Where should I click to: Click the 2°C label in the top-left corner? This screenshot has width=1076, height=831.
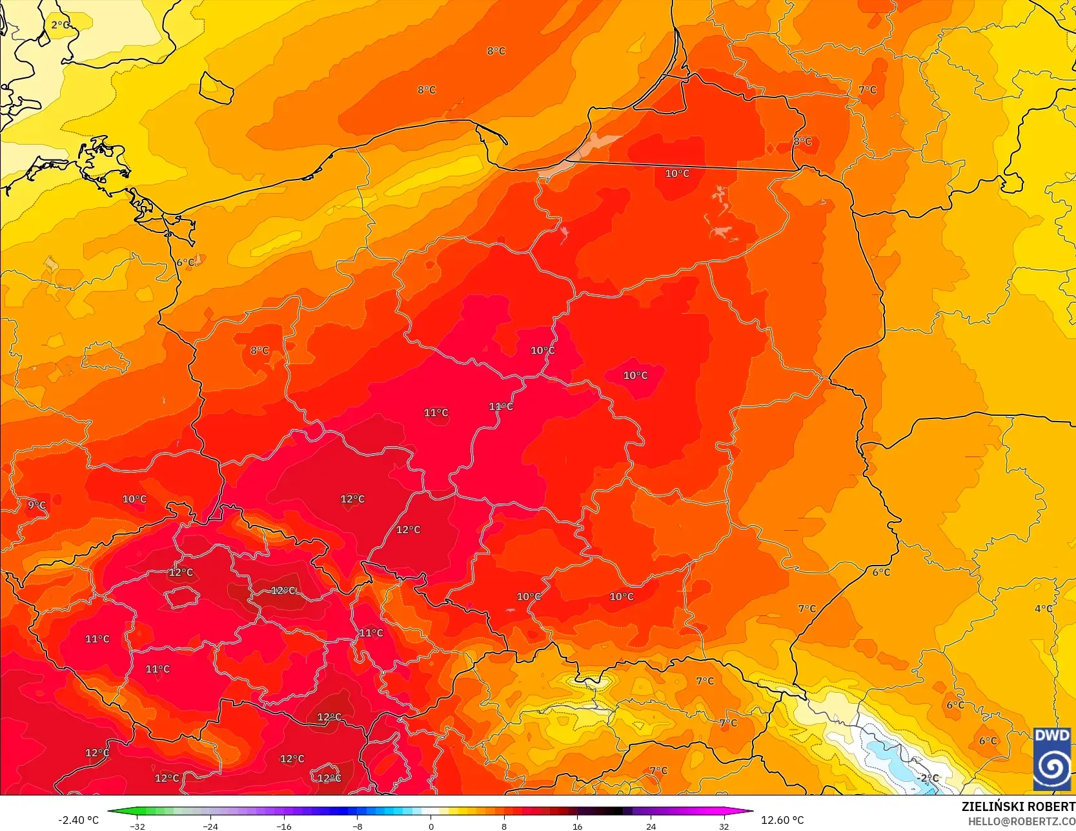point(60,25)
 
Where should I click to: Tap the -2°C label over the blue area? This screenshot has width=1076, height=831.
point(929,778)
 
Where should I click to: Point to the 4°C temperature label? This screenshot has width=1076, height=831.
point(1044,608)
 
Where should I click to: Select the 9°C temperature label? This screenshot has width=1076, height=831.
point(37,505)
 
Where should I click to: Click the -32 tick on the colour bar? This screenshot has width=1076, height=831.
point(137,826)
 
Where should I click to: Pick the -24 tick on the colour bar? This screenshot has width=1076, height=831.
point(210,826)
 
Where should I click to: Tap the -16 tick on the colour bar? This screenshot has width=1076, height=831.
point(284,826)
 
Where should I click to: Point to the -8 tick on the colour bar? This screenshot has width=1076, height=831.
point(358,826)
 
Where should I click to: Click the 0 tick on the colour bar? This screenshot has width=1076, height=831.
point(431,826)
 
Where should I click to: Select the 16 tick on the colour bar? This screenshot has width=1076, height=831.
point(578,826)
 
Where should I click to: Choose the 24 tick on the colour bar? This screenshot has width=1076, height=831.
point(651,826)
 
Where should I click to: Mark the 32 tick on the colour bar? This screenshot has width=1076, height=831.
point(724,826)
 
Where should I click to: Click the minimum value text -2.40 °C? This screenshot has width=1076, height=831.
point(79,820)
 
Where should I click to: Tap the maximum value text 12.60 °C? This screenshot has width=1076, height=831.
point(782,820)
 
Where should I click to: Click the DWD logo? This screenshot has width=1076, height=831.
point(1052,758)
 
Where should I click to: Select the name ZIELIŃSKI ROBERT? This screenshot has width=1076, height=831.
point(1018,806)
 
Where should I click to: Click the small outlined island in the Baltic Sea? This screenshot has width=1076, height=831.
point(216,88)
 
